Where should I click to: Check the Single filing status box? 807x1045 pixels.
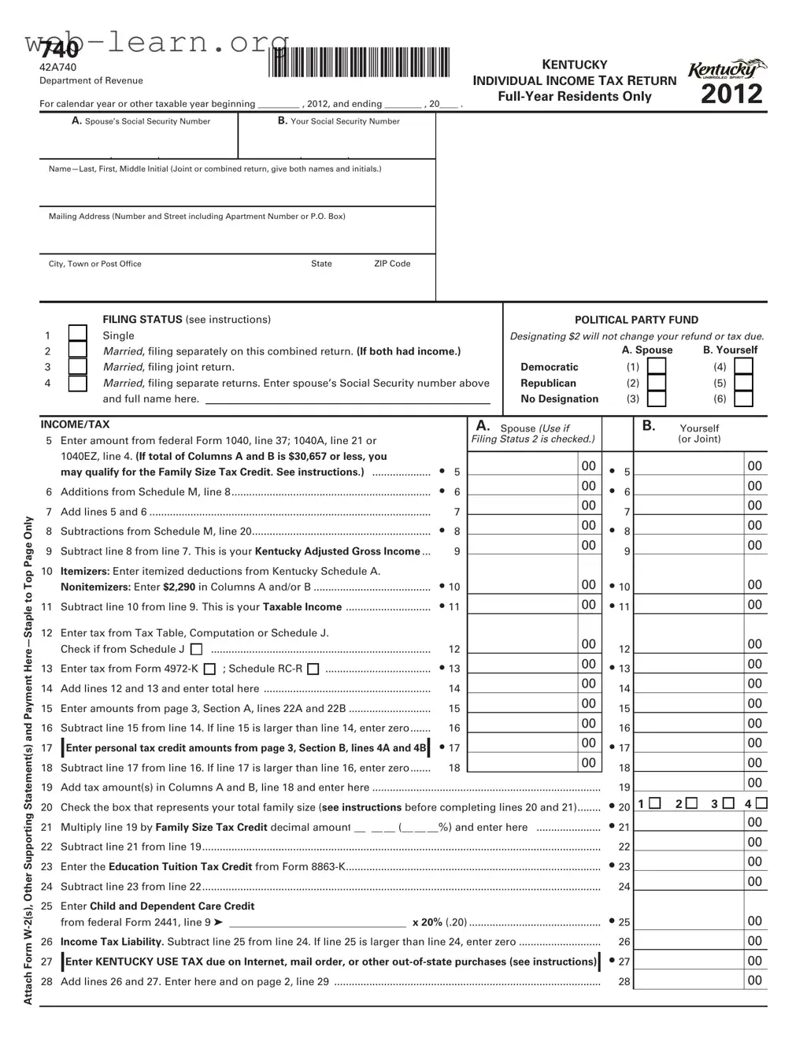[77, 335]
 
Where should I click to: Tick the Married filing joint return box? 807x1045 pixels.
[77, 367]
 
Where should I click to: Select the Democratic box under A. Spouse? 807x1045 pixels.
[657, 367]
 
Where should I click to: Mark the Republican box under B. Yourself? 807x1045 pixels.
[743, 383]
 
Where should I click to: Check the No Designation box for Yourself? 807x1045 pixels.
[743, 399]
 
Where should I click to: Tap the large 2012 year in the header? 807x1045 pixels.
[731, 94]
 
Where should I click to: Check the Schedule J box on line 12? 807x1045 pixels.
[197, 650]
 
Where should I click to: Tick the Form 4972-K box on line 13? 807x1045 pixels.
[209, 669]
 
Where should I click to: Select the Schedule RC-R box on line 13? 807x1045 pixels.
[313, 669]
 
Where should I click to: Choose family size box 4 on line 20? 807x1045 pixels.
[761, 803]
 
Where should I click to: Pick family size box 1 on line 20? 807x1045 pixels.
[655, 803]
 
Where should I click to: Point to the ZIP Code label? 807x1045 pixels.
[392, 264]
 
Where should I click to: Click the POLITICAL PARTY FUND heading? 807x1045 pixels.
[636, 320]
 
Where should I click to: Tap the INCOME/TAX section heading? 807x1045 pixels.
[75, 424]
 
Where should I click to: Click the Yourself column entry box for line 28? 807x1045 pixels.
[689, 980]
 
